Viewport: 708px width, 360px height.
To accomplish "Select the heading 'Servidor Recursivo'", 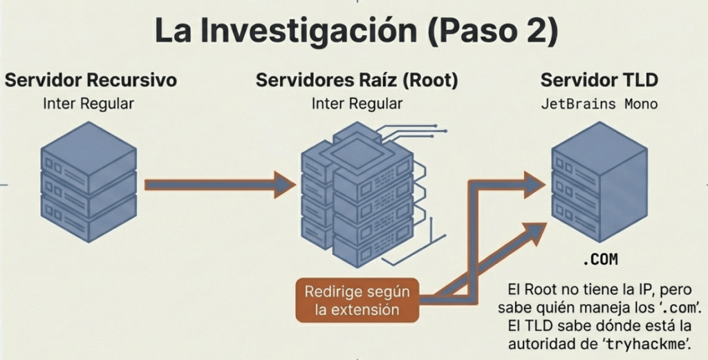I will pos(91,80).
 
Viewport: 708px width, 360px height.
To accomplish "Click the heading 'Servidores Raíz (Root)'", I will pos(356,80).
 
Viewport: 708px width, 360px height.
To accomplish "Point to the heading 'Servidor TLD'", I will pos(599,80).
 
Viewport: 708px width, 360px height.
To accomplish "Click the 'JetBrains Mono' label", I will pos(599,105).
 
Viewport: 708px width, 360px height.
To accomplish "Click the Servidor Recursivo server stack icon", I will pos(88,182).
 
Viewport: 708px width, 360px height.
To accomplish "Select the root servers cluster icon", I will pos(358,197).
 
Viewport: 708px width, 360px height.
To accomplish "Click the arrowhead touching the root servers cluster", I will pos(285,184).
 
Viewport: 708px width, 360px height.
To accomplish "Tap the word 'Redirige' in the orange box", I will pos(331,292).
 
